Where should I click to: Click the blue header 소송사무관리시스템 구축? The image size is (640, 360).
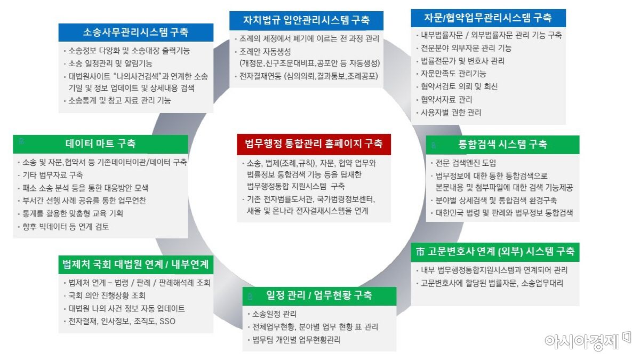point(135,32)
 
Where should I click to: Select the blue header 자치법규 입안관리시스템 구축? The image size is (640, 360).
point(306,21)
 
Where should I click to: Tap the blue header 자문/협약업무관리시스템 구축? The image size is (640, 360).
point(488,18)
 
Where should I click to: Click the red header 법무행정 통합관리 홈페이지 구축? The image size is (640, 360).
point(314,143)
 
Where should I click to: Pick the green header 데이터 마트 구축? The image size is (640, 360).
point(100,143)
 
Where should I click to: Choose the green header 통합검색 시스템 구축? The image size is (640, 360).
point(502,144)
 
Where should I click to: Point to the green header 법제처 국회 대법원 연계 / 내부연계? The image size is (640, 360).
point(135,264)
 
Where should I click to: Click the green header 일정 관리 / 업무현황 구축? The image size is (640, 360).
point(319,295)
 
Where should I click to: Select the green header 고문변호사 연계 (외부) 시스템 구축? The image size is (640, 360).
point(495,252)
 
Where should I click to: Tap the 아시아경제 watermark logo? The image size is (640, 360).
point(587,340)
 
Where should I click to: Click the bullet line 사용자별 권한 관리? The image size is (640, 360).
point(451,113)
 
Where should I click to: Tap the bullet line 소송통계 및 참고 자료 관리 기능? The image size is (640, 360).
point(119,100)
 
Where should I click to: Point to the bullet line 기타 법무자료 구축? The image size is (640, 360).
point(52,175)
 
